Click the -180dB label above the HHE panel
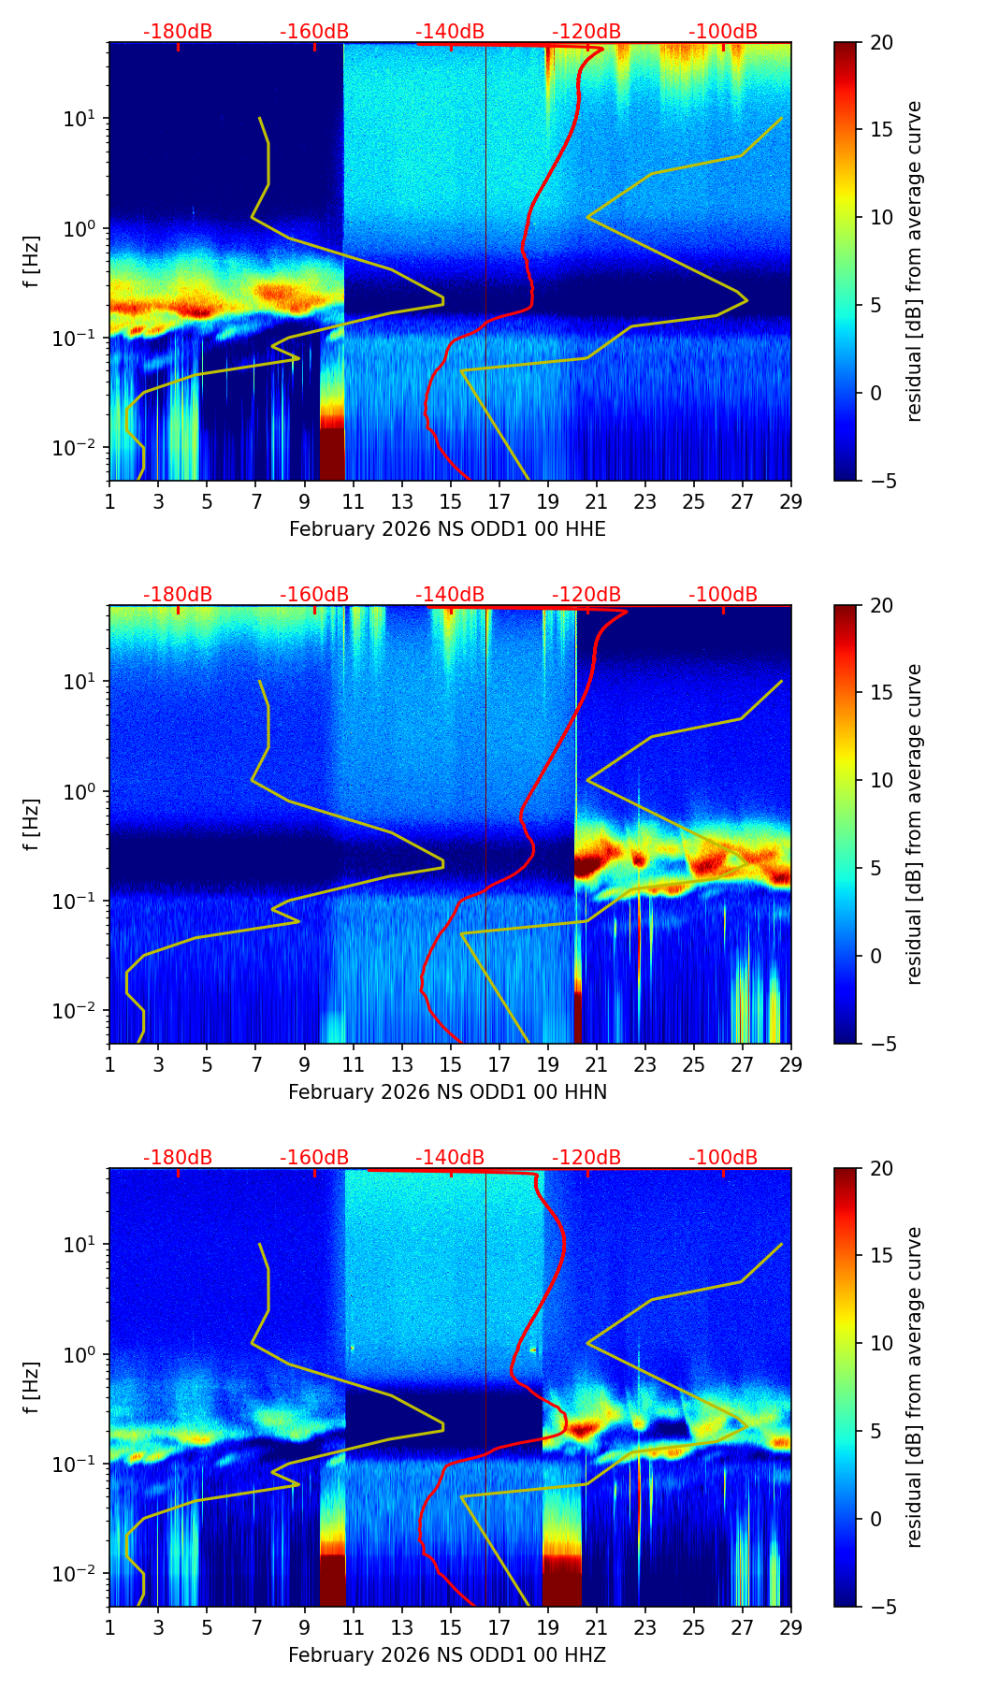point(178,32)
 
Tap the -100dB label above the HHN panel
point(723,595)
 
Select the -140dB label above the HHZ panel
point(450,1158)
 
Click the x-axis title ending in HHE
point(447,529)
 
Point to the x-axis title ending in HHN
point(447,1092)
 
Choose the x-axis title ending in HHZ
point(447,1655)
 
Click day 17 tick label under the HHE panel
point(499,502)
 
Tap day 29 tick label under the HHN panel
point(791,1065)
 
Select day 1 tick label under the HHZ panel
point(110,1628)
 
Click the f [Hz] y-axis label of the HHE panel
point(33,262)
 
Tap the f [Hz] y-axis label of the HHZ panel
point(33,1388)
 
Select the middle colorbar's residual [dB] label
point(915,824)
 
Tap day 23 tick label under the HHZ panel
point(645,1628)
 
